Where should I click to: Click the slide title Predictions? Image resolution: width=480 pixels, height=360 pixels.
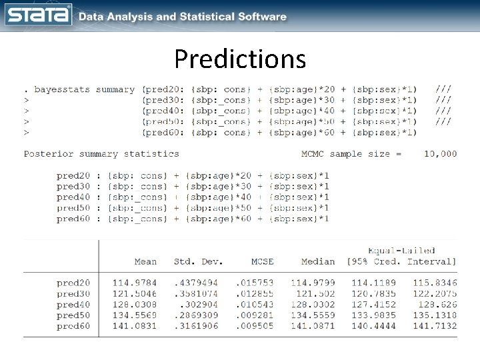(x=240, y=59)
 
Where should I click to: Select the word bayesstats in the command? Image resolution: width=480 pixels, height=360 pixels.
(x=61, y=89)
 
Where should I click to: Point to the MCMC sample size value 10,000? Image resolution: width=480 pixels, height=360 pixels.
(x=441, y=153)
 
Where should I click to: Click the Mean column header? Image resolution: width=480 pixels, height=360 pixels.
(x=145, y=261)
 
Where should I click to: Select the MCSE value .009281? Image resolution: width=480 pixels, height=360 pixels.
(x=255, y=316)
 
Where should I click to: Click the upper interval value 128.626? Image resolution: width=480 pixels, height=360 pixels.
(x=439, y=305)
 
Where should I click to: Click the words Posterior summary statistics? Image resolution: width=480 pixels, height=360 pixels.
(x=101, y=153)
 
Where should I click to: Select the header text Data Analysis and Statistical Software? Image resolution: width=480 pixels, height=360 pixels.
(x=183, y=17)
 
